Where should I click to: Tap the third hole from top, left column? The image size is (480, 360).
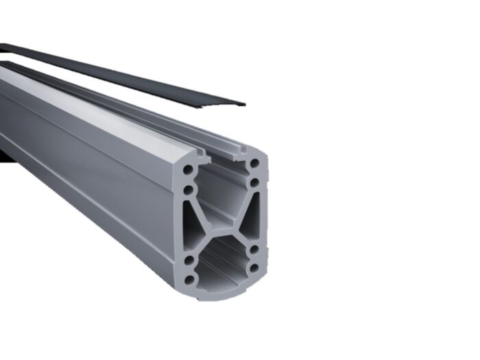coord(186,261)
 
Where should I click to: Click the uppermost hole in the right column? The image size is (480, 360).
coord(254,165)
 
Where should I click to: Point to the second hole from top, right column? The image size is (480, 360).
coord(254,183)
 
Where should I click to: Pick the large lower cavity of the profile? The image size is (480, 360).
coord(221,264)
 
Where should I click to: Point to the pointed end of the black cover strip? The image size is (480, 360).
coord(241,104)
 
